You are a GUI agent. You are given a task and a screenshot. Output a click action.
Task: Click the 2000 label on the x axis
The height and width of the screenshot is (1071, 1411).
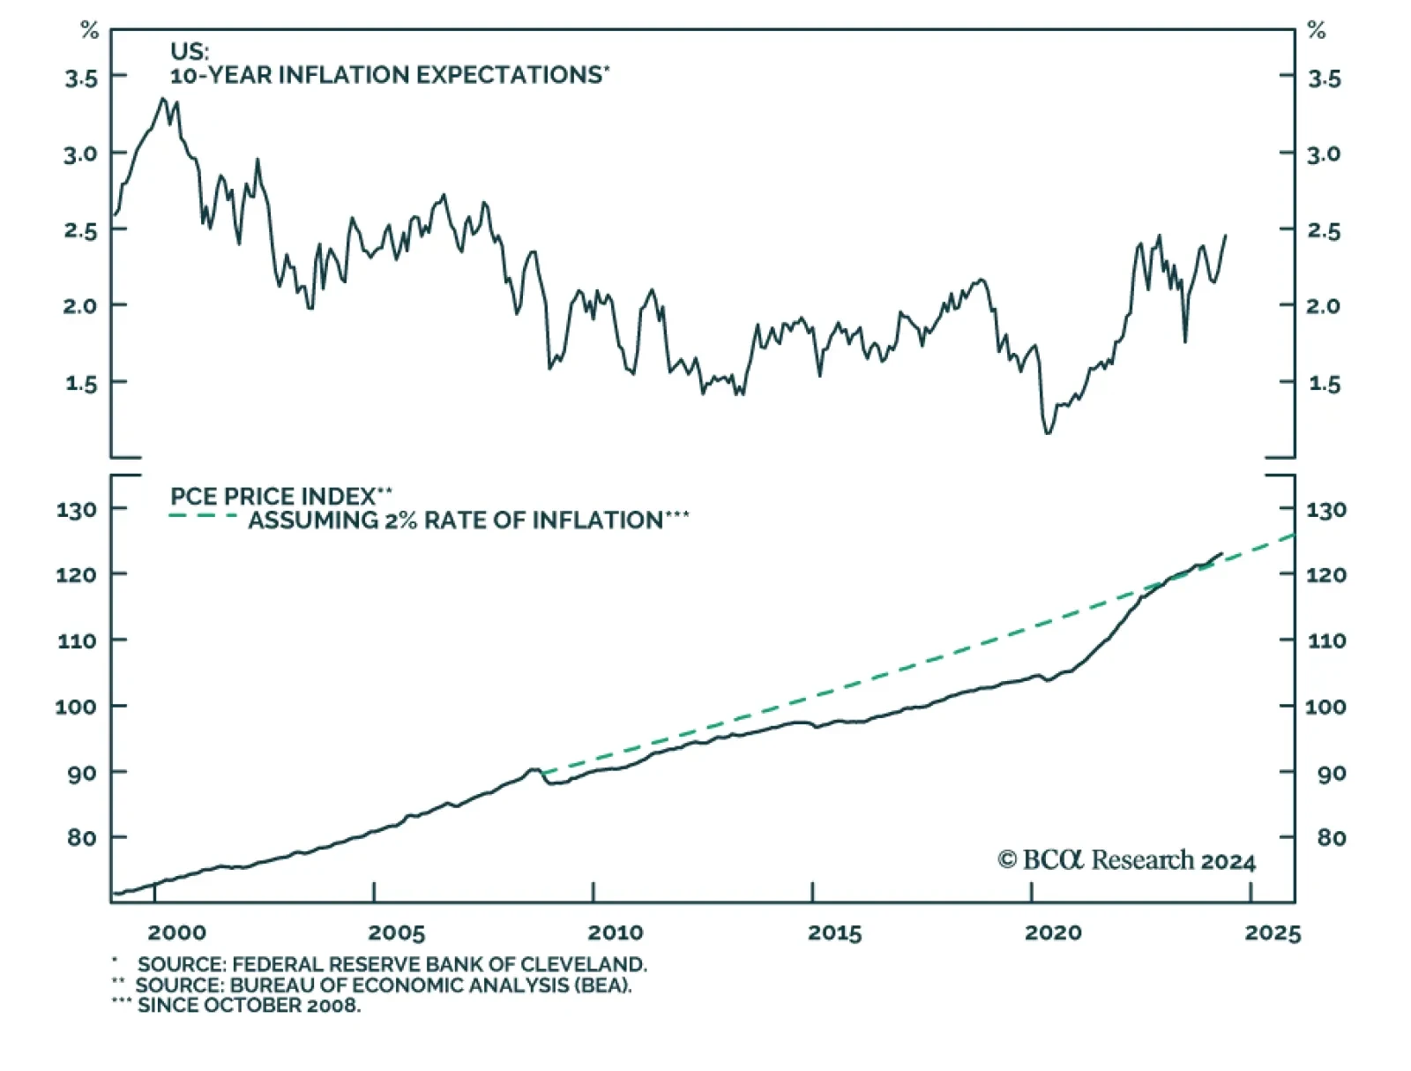[x=176, y=932]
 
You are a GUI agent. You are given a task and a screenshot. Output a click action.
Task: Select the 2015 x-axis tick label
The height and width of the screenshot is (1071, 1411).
[x=834, y=932]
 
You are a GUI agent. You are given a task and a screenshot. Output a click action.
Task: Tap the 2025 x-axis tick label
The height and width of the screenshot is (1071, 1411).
[x=1273, y=932]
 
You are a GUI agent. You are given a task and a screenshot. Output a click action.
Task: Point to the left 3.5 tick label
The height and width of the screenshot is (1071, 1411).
[x=80, y=79]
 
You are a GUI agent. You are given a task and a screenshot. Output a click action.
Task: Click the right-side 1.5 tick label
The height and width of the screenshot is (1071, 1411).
[x=1324, y=384]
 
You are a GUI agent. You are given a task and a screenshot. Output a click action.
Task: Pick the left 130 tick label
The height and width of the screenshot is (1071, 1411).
[x=76, y=510]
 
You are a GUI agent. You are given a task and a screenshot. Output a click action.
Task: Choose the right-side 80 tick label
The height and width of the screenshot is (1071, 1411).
[x=1332, y=838]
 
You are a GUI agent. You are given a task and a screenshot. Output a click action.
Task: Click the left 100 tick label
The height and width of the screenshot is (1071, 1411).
[x=76, y=707]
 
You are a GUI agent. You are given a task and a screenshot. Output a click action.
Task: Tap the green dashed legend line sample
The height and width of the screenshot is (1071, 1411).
[x=203, y=515]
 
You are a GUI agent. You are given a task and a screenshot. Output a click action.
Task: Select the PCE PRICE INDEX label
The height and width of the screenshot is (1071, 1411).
[x=273, y=497]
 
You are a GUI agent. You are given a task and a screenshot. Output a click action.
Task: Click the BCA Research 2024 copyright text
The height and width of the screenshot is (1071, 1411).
[x=1126, y=860]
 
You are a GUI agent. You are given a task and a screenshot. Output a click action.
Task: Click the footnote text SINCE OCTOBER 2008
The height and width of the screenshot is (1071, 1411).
[x=249, y=1005]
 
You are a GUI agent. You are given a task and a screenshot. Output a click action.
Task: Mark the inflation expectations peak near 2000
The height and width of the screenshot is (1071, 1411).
[x=162, y=98]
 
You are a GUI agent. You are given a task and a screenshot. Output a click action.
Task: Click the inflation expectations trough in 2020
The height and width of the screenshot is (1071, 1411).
[x=1048, y=433]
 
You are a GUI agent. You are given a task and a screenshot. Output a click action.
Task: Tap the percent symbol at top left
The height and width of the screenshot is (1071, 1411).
[x=89, y=31]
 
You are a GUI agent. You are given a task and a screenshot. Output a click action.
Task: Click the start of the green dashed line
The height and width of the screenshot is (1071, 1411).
[x=541, y=773]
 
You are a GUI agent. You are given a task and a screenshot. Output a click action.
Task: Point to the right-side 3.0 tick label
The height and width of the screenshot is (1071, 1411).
[x=1324, y=154]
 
